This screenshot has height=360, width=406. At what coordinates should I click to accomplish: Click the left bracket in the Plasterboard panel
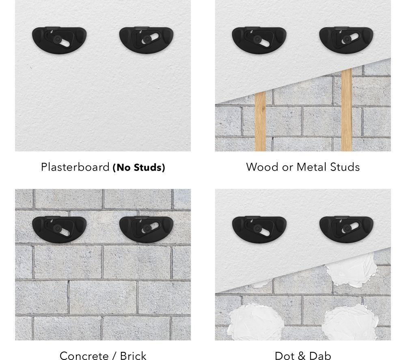coord(59,40)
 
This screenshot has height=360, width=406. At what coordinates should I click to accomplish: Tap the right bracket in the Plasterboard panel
coord(146,40)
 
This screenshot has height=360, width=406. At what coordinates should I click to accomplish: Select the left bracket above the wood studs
coord(259,40)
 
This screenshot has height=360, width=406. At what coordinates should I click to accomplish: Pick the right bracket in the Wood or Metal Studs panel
coord(346,40)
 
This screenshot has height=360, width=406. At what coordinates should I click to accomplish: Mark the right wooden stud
coord(347,110)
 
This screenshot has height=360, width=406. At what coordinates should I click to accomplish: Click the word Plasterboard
coord(75,167)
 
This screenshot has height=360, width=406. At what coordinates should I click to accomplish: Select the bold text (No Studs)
coord(139,168)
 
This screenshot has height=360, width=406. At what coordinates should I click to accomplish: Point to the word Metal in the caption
coord(312,167)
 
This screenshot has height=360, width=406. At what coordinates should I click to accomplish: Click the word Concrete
coord(84,356)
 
